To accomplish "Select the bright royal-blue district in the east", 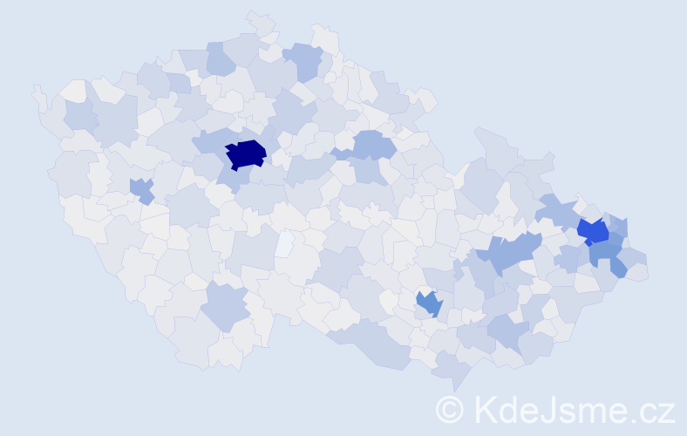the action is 594,231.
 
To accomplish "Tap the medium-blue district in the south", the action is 429,303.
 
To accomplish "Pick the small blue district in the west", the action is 140,189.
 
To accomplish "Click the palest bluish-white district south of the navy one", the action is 284,243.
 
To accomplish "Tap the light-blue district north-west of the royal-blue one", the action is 556,209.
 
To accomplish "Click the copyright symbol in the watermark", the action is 449,409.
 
